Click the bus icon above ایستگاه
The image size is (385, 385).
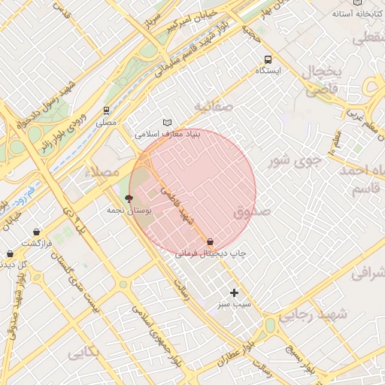[267, 59]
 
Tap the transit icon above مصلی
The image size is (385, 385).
[107, 111]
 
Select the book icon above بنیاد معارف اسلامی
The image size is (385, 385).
[167, 123]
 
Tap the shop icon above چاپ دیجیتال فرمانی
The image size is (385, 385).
[211, 243]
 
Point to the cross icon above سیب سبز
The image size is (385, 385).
[234, 293]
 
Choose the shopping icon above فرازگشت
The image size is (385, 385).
[37, 232]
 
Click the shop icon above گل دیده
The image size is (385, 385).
[10, 254]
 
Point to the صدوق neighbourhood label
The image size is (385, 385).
[251, 213]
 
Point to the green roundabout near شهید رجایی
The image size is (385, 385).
[269, 326]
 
